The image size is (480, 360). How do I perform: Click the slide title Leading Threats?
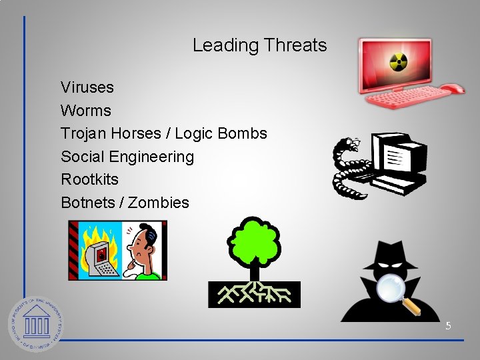click(x=259, y=45)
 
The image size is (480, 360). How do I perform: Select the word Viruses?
click(x=87, y=87)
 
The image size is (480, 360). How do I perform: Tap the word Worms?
click(x=85, y=110)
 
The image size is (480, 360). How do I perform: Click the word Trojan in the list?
click(x=83, y=133)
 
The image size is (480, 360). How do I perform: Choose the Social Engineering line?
click(x=127, y=157)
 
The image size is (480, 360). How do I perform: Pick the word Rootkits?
click(x=89, y=179)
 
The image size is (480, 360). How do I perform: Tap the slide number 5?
click(x=448, y=326)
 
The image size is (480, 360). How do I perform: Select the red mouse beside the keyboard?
click(x=453, y=89)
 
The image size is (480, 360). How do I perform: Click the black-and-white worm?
click(x=347, y=167)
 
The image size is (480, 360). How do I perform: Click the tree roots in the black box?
click(x=255, y=293)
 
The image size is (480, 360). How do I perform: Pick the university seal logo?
click(x=35, y=324)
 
